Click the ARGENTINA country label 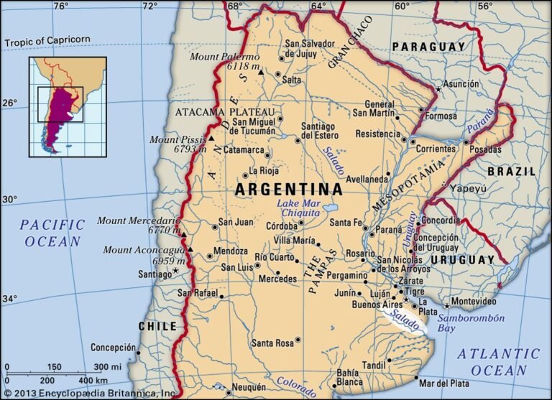pyautogui.click(x=289, y=190)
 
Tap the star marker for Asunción pyautogui.click(x=438, y=89)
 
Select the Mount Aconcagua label pyautogui.click(x=147, y=250)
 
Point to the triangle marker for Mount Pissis pyautogui.click(x=211, y=138)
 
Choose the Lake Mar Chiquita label pyautogui.click(x=299, y=209)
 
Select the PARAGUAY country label pyautogui.click(x=428, y=47)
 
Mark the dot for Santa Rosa pyautogui.click(x=298, y=340)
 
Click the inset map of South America pyautogui.click(x=68, y=107)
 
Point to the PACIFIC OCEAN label pyautogui.click(x=52, y=233)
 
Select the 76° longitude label pyautogui.click(x=60, y=6)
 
